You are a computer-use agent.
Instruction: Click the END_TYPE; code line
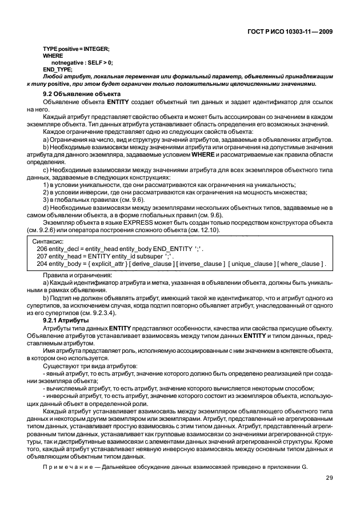[58, 69]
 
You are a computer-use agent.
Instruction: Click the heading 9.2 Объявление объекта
[82, 93]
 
